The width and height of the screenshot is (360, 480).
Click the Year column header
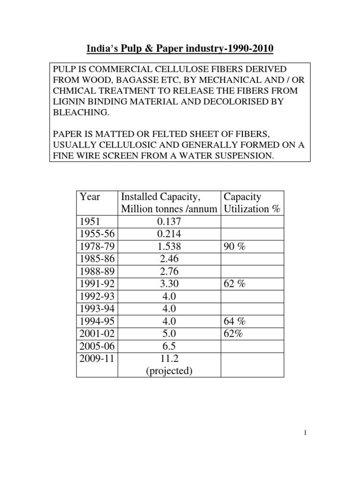pyautogui.click(x=90, y=196)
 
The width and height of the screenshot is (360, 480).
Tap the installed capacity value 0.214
pyautogui.click(x=169, y=234)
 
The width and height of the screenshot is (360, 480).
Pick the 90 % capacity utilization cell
pyautogui.click(x=234, y=246)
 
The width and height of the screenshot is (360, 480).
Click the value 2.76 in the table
pyautogui.click(x=169, y=271)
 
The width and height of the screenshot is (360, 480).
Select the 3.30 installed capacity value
pyautogui.click(x=169, y=283)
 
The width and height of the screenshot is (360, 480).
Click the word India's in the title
pyautogui.click(x=98, y=48)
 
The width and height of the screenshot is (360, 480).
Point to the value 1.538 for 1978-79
pyautogui.click(x=169, y=246)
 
